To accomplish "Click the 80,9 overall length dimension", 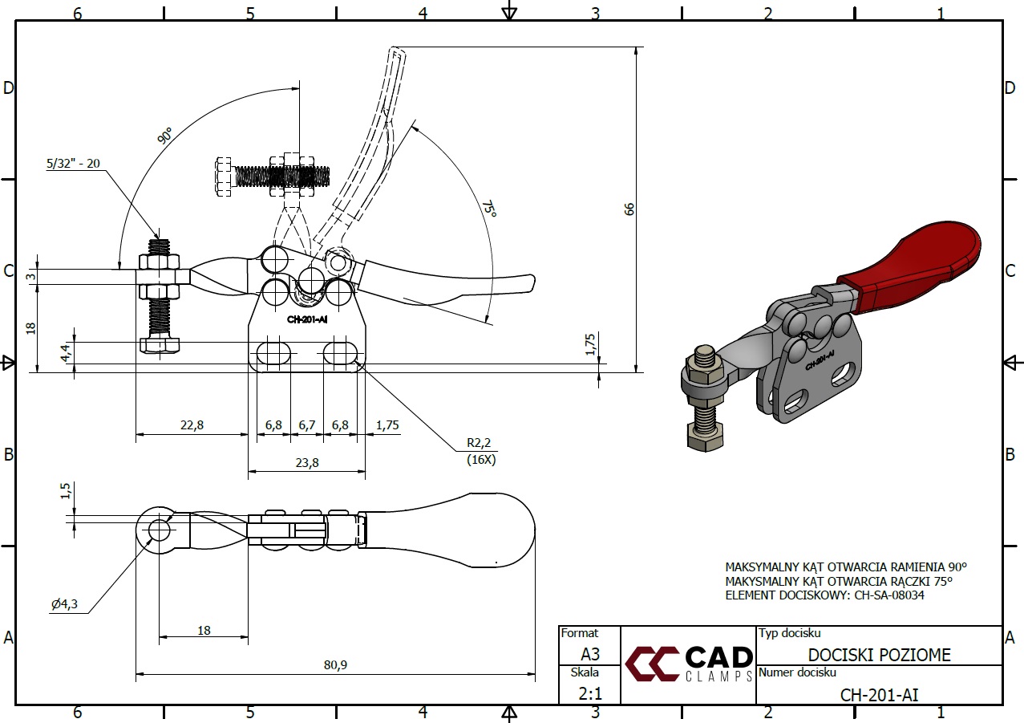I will point(334,664).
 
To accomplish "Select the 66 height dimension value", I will point(629,209).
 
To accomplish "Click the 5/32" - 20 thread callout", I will point(74,164).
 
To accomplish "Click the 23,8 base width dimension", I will point(306,462).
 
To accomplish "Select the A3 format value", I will point(589,654).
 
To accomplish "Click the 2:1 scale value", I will point(589,693).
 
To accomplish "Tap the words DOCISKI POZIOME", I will point(879,655).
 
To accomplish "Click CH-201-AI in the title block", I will point(879,694).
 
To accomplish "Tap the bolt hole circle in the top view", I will point(159,530).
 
